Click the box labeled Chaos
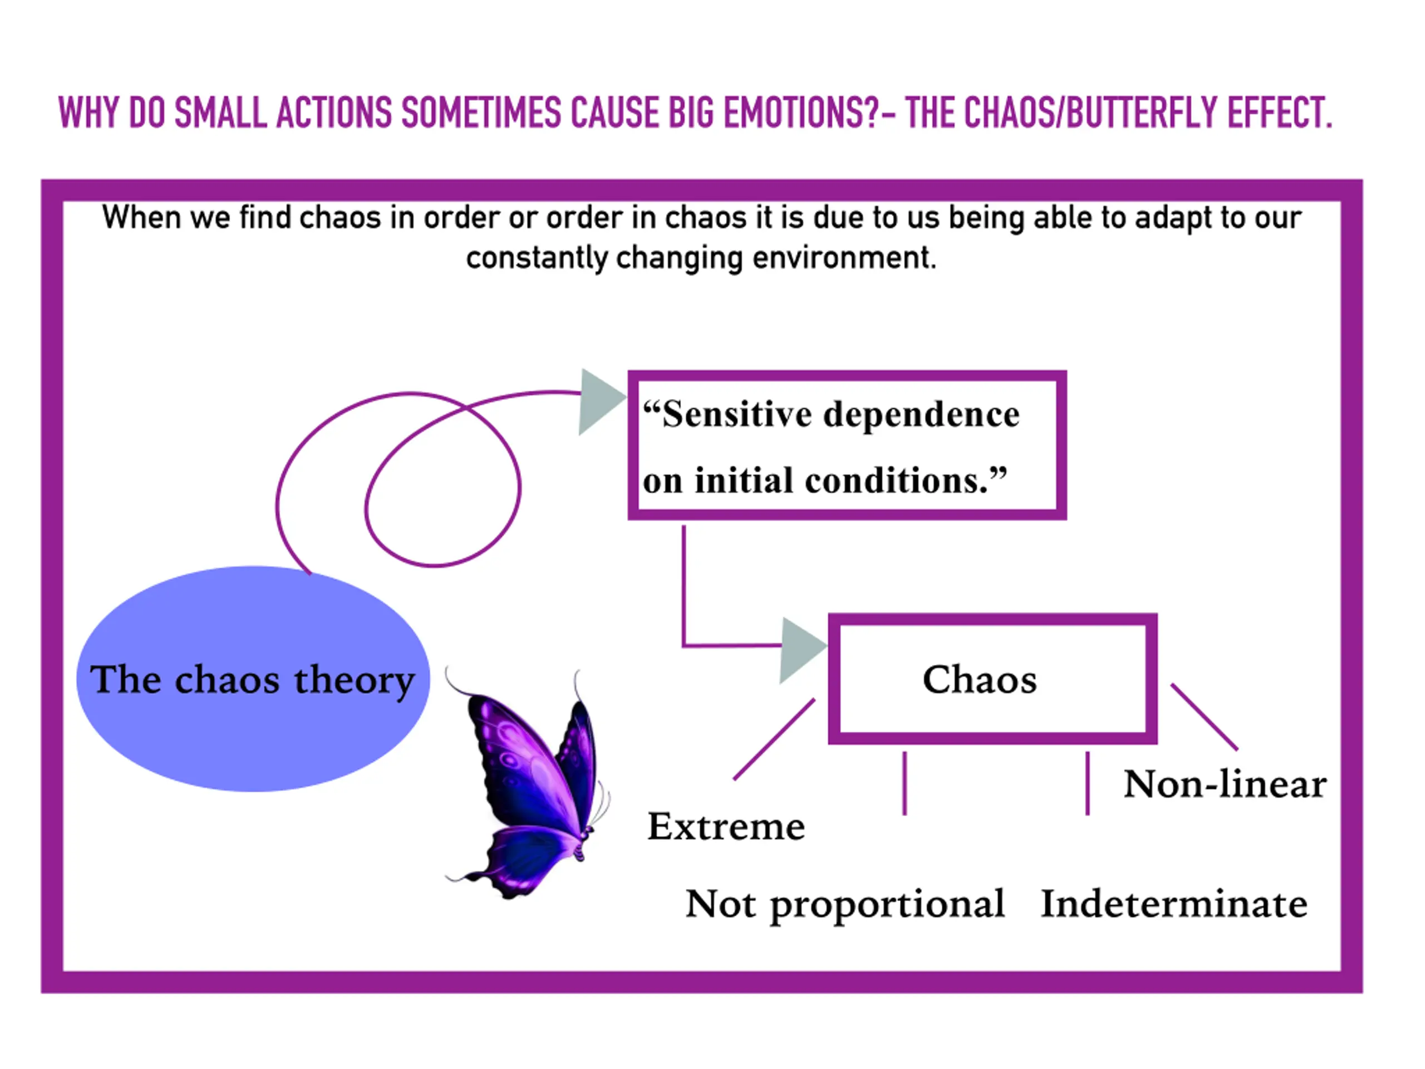992,679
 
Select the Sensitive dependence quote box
847,445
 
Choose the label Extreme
726,827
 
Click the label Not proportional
844,904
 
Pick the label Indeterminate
1174,904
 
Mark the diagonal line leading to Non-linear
1203,717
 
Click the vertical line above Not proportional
905,783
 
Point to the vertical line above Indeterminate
1088,783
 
